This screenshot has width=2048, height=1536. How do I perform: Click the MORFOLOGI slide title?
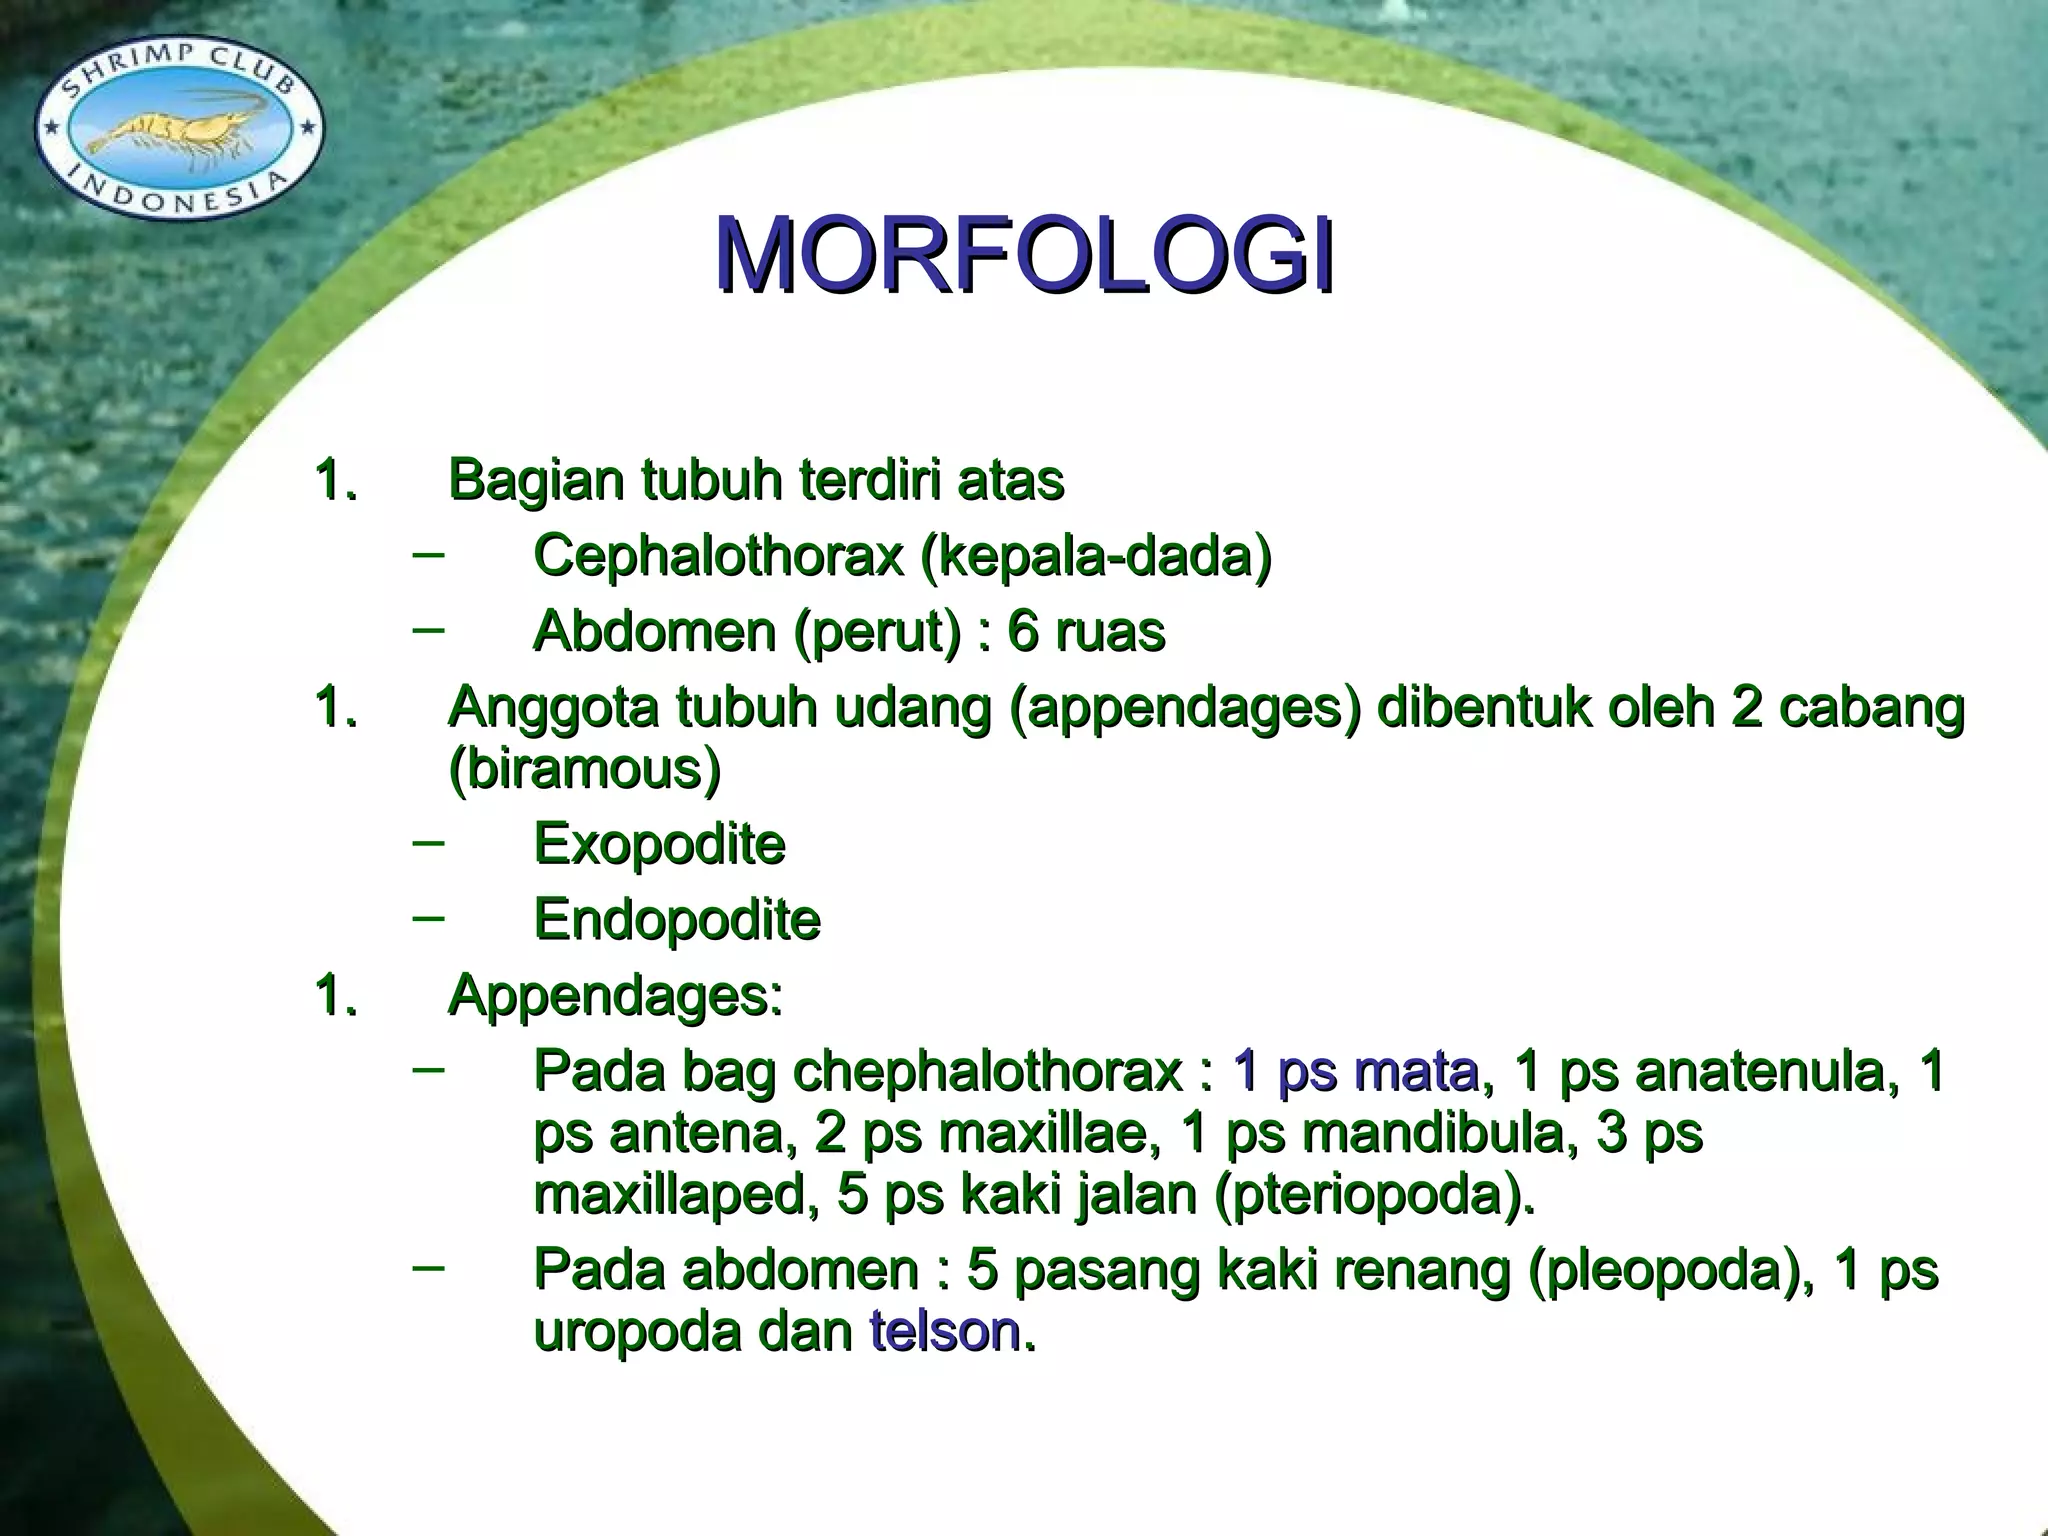(x=1024, y=256)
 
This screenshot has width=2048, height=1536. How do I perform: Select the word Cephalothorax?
(x=719, y=555)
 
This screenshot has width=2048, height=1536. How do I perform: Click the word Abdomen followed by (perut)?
(x=655, y=632)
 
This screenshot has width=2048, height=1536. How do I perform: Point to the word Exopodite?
(x=659, y=844)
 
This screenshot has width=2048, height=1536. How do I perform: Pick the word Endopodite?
(x=677, y=920)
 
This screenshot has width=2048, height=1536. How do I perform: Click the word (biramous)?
(x=584, y=769)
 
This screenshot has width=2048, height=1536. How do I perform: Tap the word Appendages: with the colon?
(x=615, y=996)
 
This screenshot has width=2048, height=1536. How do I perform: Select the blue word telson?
(x=944, y=1332)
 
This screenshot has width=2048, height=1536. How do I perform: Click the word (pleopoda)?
(x=1671, y=1271)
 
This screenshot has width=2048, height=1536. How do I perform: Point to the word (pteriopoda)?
(x=1374, y=1195)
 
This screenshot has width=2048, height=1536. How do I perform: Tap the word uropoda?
(x=637, y=1332)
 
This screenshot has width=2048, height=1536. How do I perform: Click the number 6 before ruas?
(x=1023, y=632)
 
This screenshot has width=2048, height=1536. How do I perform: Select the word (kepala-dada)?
(x=1095, y=555)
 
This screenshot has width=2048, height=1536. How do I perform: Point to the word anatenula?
(x=1760, y=1072)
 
